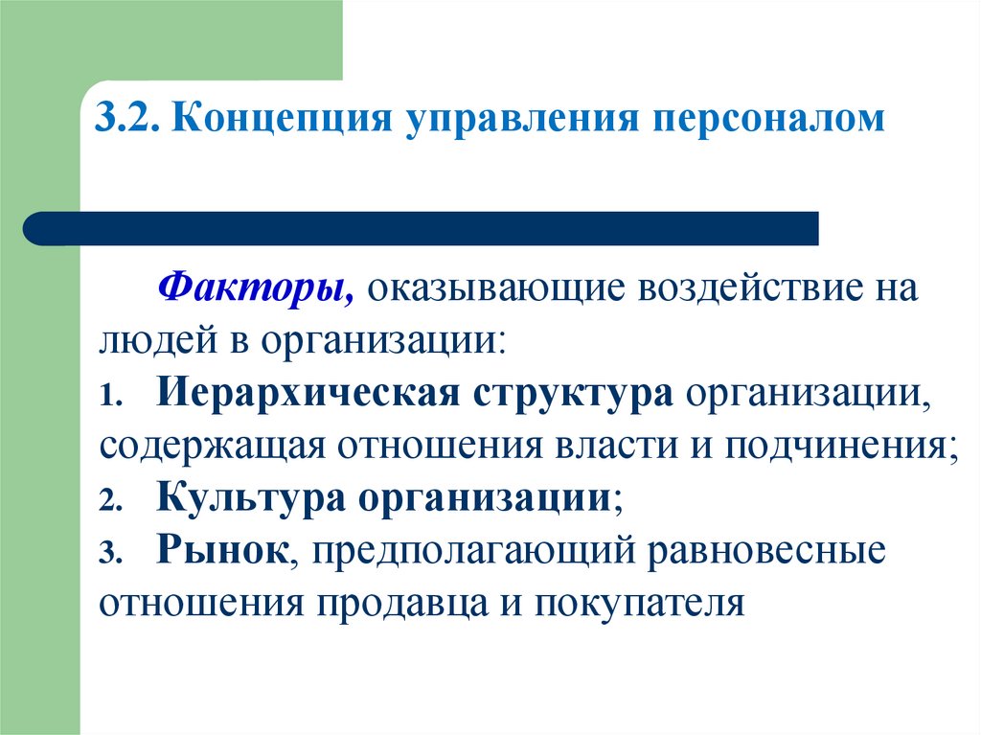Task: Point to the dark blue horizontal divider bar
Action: pyautogui.click(x=422, y=228)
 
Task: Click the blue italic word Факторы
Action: pyautogui.click(x=257, y=287)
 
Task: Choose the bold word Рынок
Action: pyautogui.click(x=223, y=551)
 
